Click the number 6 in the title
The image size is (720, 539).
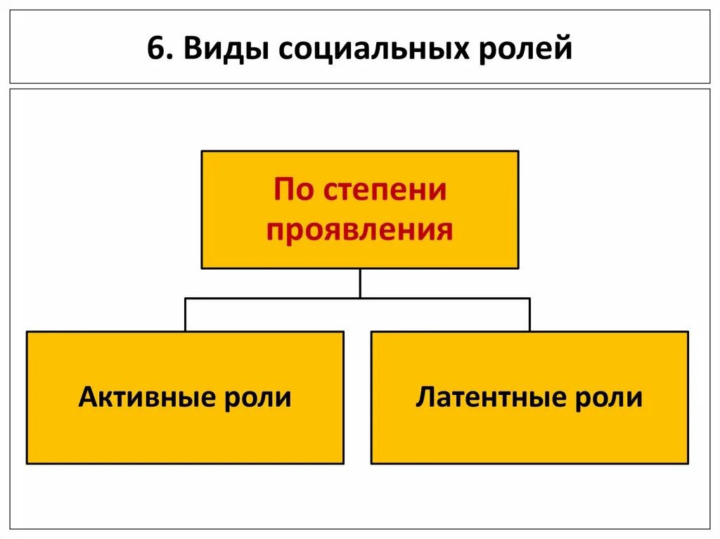[x=154, y=50]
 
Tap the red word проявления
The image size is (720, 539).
[x=359, y=230]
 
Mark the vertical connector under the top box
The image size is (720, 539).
[x=360, y=283]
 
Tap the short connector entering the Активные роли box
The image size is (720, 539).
[x=186, y=315]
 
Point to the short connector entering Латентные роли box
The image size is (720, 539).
[x=529, y=315]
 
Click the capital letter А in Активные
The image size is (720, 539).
[x=88, y=397]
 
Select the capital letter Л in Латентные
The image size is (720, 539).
[x=425, y=397]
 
